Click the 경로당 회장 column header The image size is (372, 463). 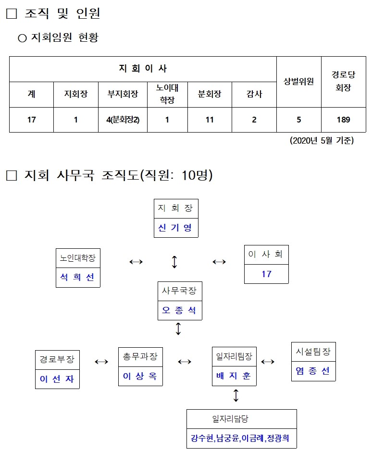pyautogui.click(x=343, y=81)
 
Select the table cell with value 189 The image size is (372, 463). pyautogui.click(x=343, y=120)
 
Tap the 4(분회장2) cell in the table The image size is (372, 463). pyautogui.click(x=123, y=120)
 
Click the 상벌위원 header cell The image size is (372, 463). pyautogui.click(x=298, y=81)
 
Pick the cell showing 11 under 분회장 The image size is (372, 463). pyautogui.click(x=210, y=120)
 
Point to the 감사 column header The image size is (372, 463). pyautogui.click(x=254, y=94)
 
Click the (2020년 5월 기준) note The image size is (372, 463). pyautogui.click(x=322, y=141)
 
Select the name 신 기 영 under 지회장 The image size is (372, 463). pyautogui.click(x=175, y=228)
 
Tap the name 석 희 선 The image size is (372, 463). pyautogui.click(x=78, y=277)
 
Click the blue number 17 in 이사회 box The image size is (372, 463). pyautogui.click(x=266, y=274)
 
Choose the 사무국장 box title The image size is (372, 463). pyautogui.click(x=179, y=291)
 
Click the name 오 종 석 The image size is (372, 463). pyautogui.click(x=179, y=310)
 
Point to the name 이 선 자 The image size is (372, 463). pyautogui.click(x=57, y=379)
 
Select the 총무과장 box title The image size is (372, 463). pyautogui.click(x=140, y=356)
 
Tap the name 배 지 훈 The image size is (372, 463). pyautogui.click(x=234, y=376)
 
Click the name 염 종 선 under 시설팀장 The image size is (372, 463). pyautogui.click(x=313, y=371)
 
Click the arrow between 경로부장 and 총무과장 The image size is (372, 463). pyautogui.click(x=101, y=362)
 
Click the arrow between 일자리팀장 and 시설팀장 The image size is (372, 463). pyautogui.click(x=267, y=362)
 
